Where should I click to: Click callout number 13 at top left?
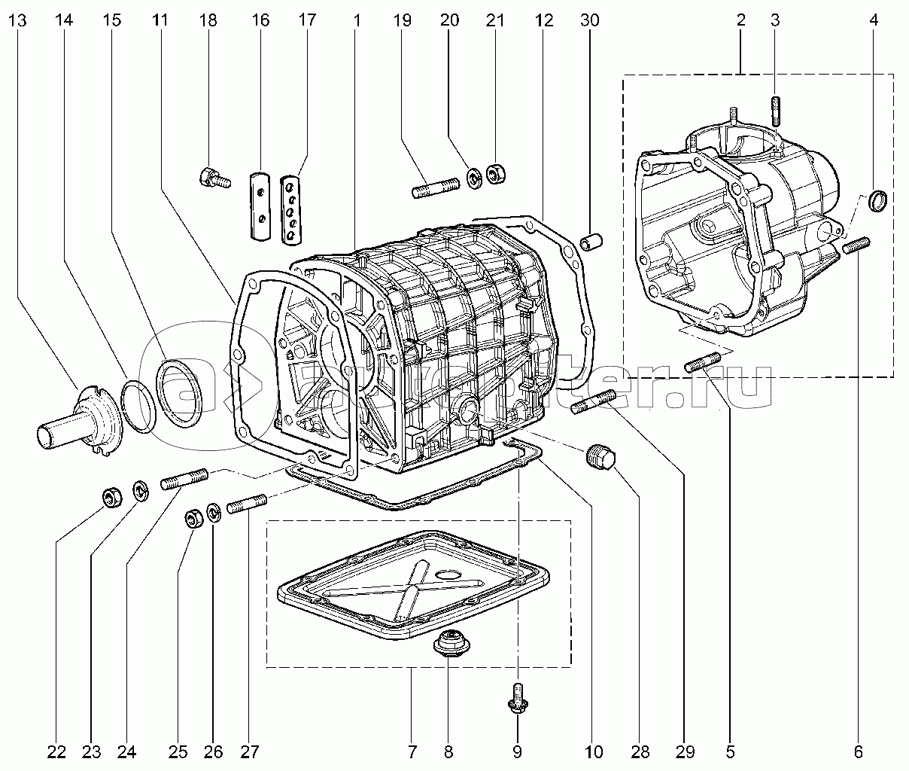click(19, 21)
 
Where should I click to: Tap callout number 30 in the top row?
click(590, 21)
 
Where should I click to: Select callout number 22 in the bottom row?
click(57, 751)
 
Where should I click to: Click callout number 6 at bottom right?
click(859, 751)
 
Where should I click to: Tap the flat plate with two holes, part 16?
click(259, 206)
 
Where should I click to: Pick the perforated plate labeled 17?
click(290, 210)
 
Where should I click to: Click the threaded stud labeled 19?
click(436, 187)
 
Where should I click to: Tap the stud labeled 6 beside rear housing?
click(857, 245)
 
